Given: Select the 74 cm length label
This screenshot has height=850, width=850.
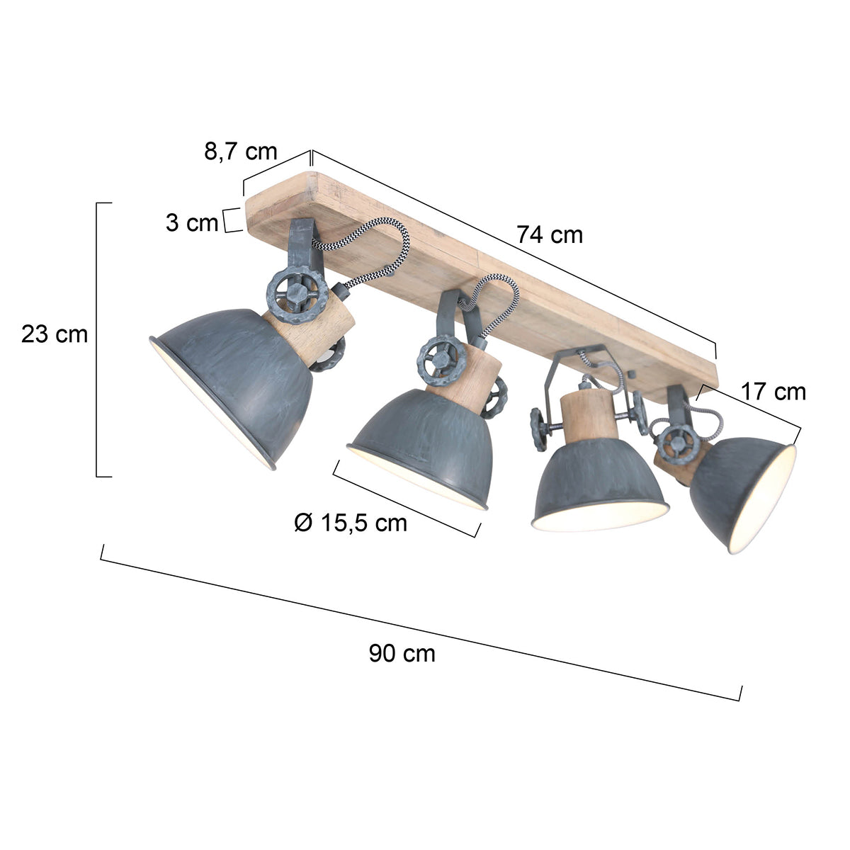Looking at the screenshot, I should click(x=549, y=234).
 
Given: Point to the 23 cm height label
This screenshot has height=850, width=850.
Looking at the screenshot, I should click(x=55, y=334).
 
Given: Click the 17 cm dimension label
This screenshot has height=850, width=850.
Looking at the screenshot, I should click(x=773, y=391).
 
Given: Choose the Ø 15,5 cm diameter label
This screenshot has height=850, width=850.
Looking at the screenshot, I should click(x=351, y=523).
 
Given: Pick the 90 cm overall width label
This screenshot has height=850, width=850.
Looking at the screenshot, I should click(x=402, y=653).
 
